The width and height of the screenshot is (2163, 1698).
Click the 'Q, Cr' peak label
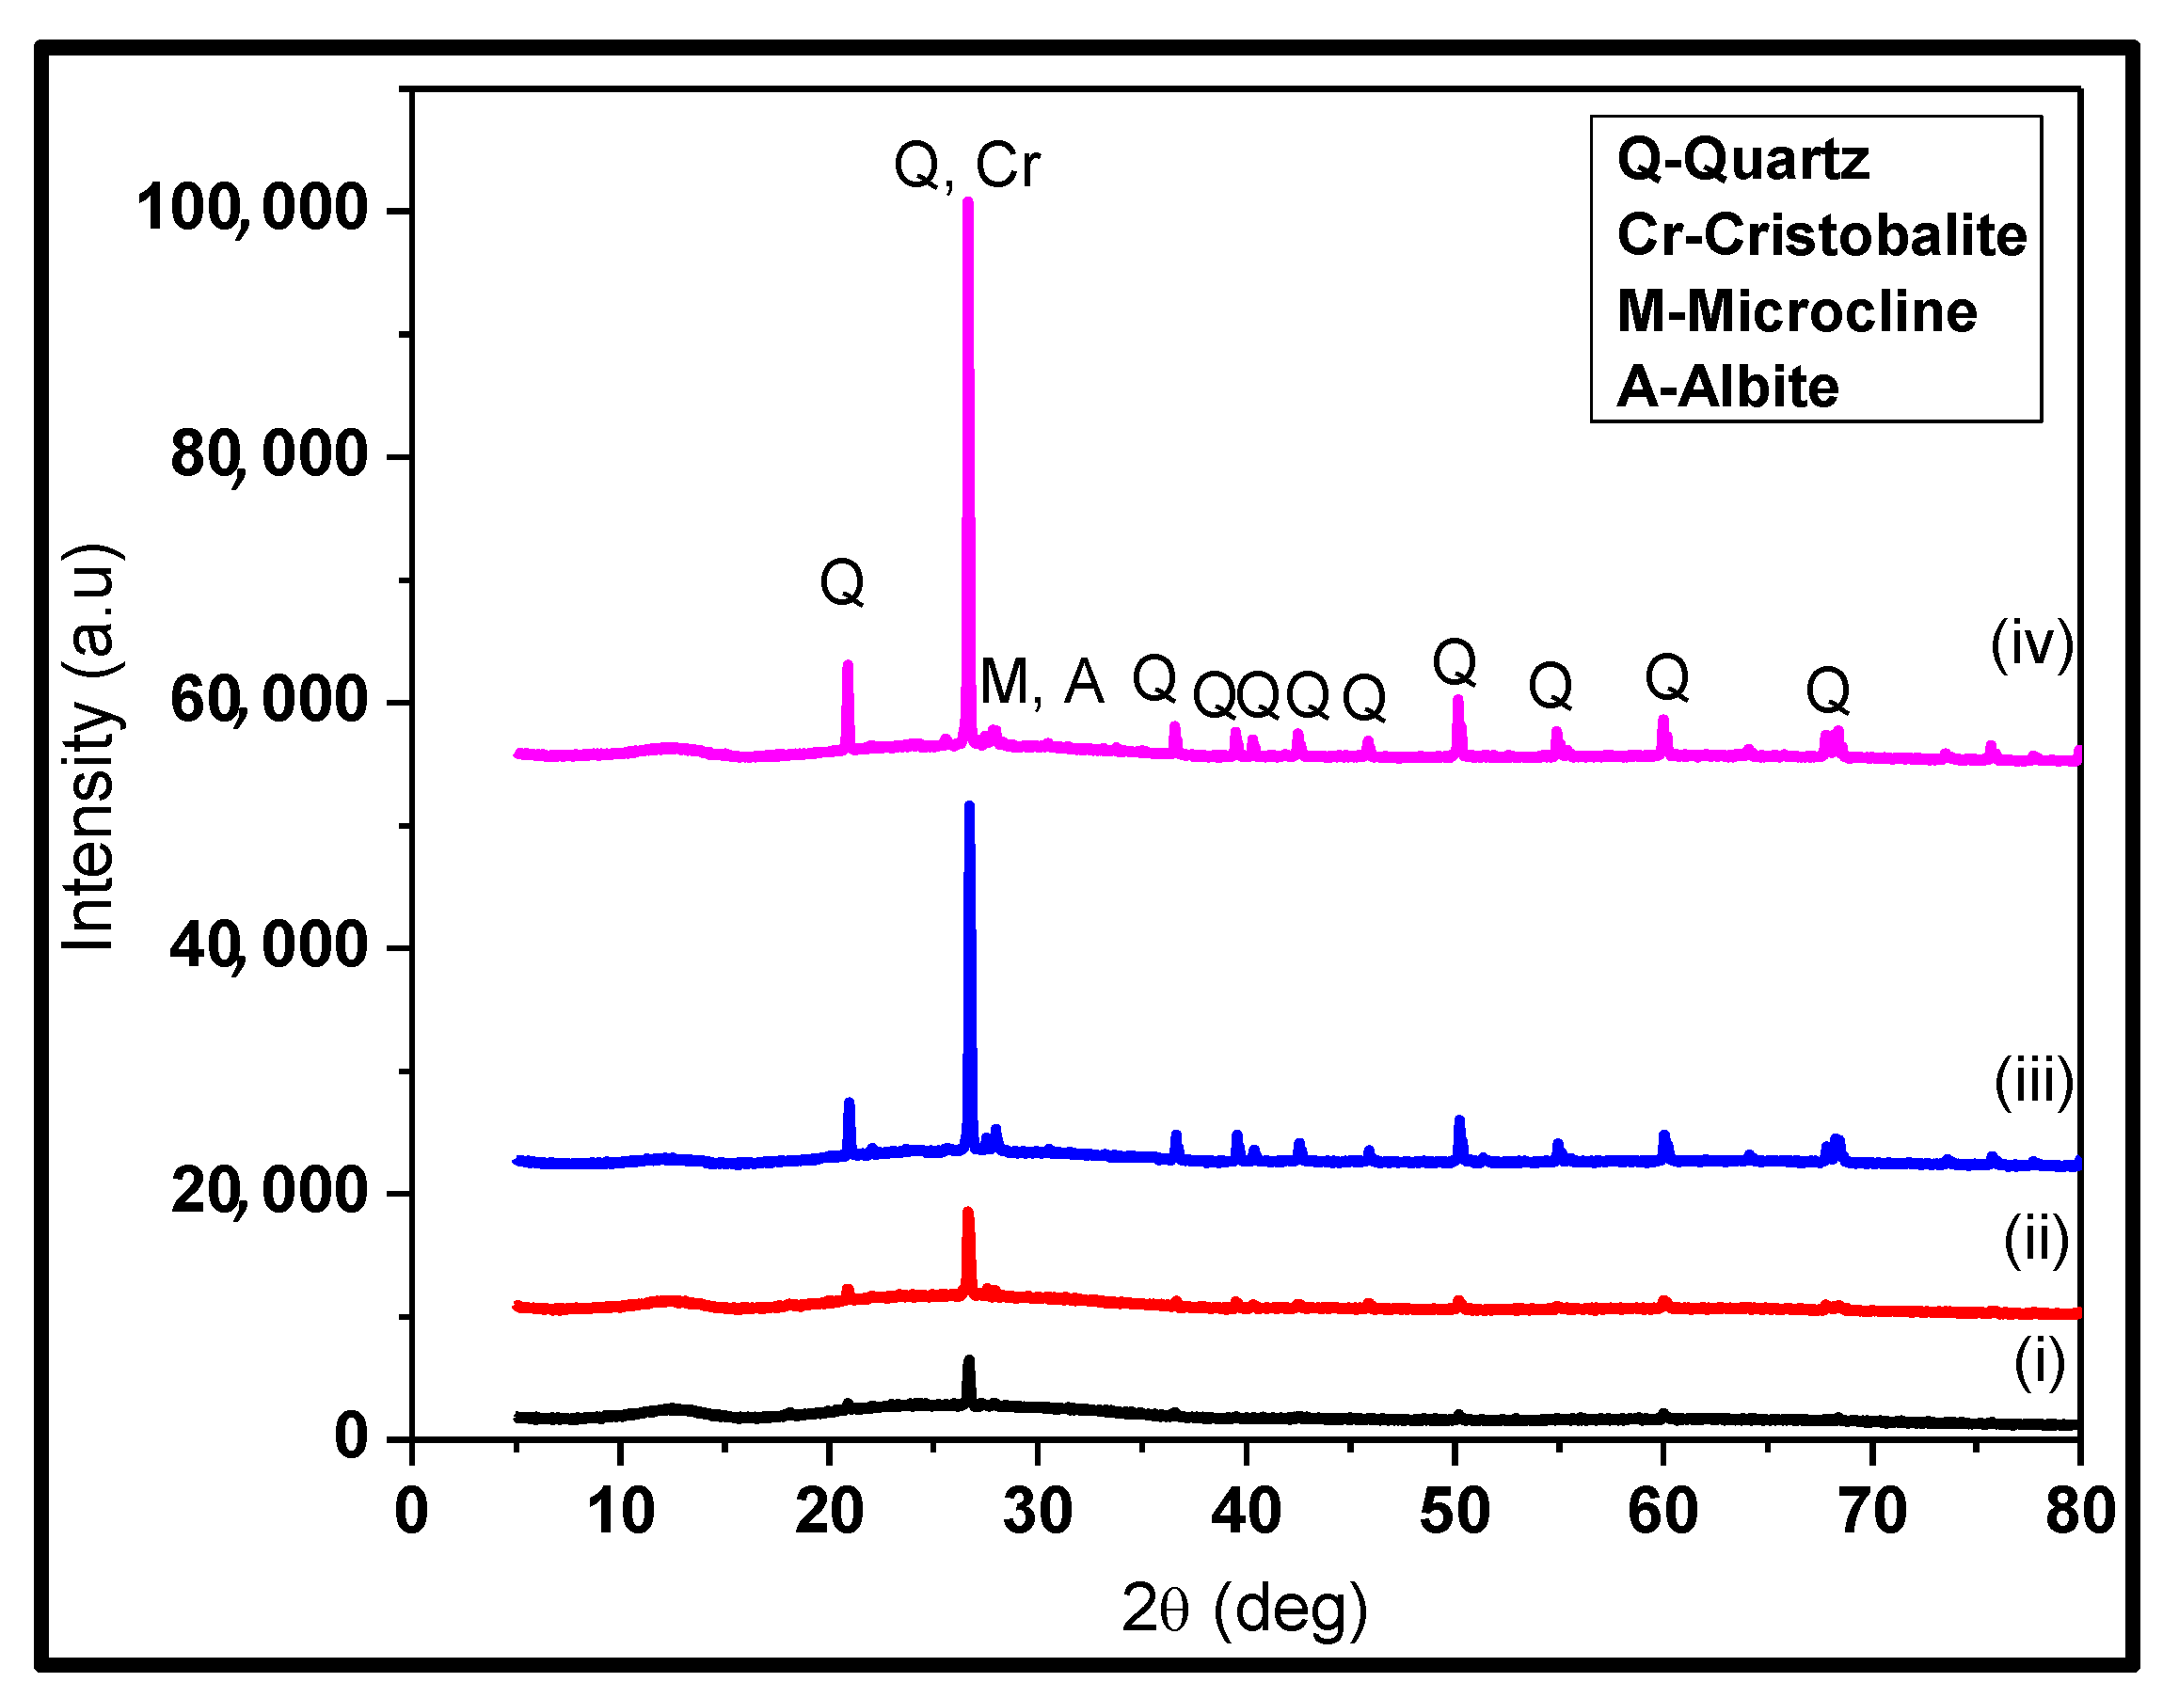click(966, 165)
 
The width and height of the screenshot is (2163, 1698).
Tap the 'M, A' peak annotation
click(1041, 683)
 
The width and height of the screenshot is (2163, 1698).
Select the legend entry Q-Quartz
click(1742, 159)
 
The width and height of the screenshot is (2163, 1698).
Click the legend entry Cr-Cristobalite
click(1821, 235)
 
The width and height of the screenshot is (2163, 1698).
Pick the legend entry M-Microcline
click(1796, 311)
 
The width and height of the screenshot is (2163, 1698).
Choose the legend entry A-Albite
click(1727, 387)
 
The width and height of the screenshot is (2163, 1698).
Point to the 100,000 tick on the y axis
click(251, 210)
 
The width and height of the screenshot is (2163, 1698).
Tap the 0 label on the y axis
click(351, 1436)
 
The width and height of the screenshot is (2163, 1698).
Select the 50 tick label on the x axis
click(1455, 1512)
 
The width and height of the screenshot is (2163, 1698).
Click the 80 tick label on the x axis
click(2079, 1512)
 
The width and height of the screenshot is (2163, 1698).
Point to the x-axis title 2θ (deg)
click(1244, 1610)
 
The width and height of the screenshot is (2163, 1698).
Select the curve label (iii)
click(2034, 1082)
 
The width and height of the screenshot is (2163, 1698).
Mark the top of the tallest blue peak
click(969, 805)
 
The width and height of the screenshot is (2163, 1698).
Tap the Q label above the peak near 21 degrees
click(842, 582)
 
